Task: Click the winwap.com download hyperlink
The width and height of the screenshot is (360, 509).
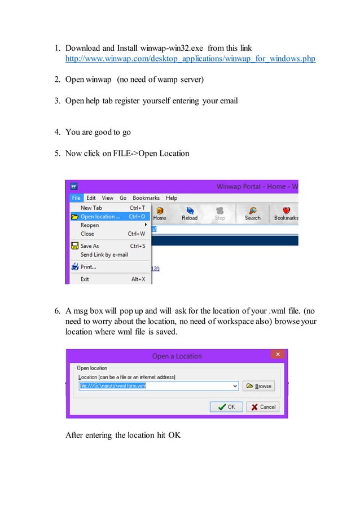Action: [190, 59]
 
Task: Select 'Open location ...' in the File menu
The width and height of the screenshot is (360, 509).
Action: [100, 217]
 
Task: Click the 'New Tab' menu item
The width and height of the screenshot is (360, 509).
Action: [91, 208]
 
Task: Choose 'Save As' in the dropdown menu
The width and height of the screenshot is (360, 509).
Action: [89, 246]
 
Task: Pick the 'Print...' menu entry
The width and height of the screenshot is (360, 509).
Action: [88, 267]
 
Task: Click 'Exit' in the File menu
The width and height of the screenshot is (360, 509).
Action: [85, 279]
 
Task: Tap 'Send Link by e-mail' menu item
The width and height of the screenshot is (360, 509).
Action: [104, 254]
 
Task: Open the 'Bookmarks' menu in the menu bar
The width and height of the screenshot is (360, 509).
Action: [146, 198]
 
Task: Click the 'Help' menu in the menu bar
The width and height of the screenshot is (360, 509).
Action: [172, 198]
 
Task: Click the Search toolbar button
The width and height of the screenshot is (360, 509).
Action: [252, 213]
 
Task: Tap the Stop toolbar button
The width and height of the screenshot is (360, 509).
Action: [220, 213]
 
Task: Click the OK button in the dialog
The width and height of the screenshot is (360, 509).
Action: [226, 407]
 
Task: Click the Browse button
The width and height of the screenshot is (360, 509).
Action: [258, 387]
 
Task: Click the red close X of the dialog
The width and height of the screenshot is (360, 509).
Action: [278, 355]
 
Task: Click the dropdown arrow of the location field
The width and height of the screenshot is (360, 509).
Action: [235, 387]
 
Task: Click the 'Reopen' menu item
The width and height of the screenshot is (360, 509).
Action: [90, 225]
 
